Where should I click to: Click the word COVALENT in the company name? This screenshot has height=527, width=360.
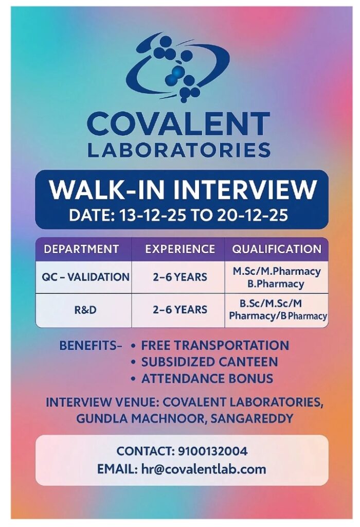178,125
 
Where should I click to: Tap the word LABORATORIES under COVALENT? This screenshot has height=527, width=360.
178,150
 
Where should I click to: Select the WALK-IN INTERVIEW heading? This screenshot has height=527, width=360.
182,190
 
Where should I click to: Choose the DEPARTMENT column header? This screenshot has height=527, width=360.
81,249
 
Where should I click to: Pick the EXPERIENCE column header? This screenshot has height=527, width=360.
180,249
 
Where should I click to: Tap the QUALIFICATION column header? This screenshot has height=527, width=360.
277,249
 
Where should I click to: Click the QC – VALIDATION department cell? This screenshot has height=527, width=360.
85,277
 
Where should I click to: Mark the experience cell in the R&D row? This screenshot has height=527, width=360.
180,310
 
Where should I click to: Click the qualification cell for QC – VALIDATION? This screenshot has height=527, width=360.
276,277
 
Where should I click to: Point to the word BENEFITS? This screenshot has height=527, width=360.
87,346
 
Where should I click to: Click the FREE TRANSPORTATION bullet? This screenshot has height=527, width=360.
215,345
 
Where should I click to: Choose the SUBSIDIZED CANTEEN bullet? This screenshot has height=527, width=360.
209,362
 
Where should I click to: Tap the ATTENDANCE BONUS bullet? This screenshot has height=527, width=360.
207,379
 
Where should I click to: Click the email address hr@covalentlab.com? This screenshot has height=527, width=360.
204,469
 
